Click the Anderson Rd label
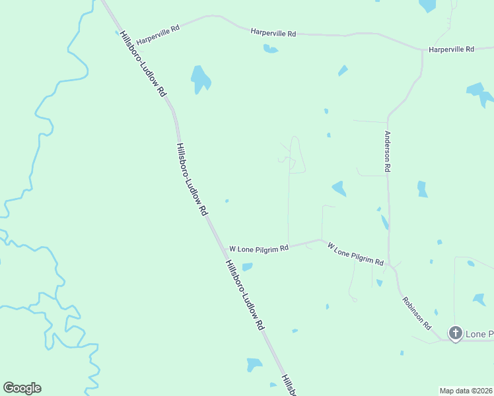tap(388, 151)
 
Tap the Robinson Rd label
tap(417, 313)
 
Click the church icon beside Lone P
tap(455, 333)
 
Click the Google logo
tap(22, 388)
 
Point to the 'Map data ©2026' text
tap(466, 391)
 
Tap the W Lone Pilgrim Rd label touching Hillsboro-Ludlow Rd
tap(258, 249)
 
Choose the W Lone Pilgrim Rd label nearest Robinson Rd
tap(355, 254)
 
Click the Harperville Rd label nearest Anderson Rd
tap(451, 49)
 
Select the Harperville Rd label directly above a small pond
tap(273, 32)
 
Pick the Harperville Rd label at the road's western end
tap(158, 30)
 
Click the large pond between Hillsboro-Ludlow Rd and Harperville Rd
tap(201, 79)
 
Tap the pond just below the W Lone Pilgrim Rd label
tap(247, 267)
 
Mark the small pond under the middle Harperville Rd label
tap(270, 48)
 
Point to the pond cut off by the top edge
tap(428, 5)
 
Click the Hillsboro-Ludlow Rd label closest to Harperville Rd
tap(143, 65)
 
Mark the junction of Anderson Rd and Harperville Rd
tap(422, 50)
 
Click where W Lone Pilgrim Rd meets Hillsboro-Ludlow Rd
tap(221, 249)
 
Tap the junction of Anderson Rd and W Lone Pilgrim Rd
tap(390, 264)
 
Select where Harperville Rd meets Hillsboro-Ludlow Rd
tap(121, 32)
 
